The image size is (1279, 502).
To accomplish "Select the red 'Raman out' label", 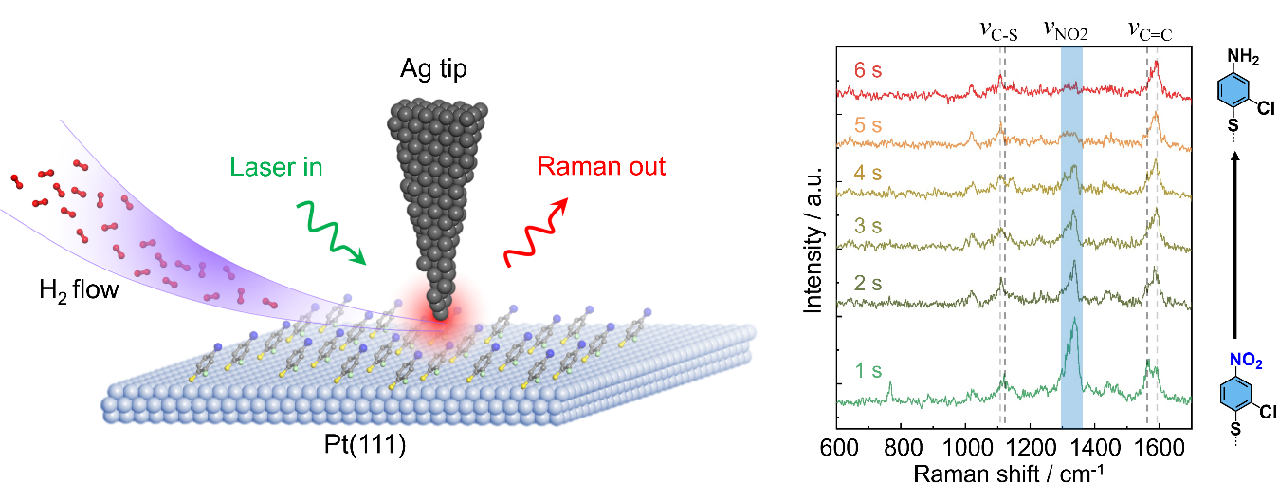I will (x=601, y=167).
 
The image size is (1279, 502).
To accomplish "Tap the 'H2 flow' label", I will (x=79, y=289).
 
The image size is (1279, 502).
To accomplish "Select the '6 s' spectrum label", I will (x=868, y=70).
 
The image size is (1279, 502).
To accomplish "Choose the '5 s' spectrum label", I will (x=868, y=124).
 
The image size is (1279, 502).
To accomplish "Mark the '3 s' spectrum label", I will (x=868, y=228).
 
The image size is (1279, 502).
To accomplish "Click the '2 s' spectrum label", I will (x=868, y=284).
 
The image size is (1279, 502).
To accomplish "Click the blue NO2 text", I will (x=1245, y=361).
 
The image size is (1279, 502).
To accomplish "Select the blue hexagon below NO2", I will (x=1234, y=393).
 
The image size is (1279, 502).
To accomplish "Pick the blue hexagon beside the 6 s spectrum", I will (x=1233, y=90).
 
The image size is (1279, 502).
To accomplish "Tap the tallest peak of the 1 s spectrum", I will (x=1074, y=323).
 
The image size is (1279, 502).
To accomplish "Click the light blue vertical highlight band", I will (x=1071, y=237).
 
